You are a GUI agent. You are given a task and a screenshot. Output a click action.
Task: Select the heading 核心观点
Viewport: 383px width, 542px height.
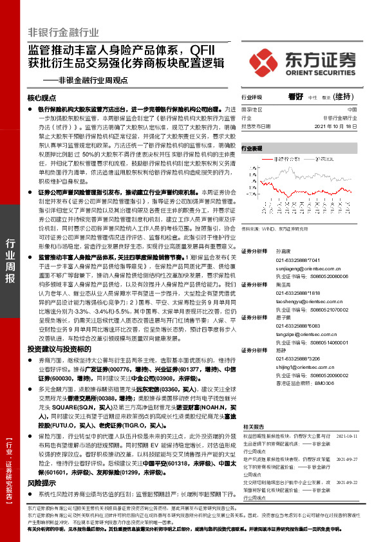pos(43,98)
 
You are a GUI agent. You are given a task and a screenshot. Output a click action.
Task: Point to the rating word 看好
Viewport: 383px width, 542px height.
pos(296,97)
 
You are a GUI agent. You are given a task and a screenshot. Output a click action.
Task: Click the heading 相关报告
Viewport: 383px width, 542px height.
pos(253,426)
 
